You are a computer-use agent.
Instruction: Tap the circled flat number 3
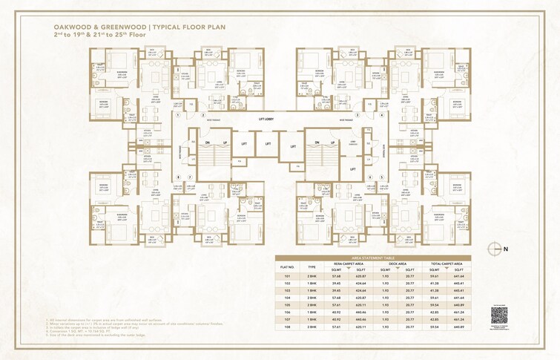(357, 115)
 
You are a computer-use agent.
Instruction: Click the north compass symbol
(498, 249)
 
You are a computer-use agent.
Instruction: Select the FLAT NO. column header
(288, 266)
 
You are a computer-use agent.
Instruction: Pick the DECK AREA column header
(398, 263)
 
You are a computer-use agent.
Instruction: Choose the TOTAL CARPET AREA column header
(447, 263)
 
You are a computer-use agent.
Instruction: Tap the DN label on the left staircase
(208, 142)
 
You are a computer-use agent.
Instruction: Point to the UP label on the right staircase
(331, 142)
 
